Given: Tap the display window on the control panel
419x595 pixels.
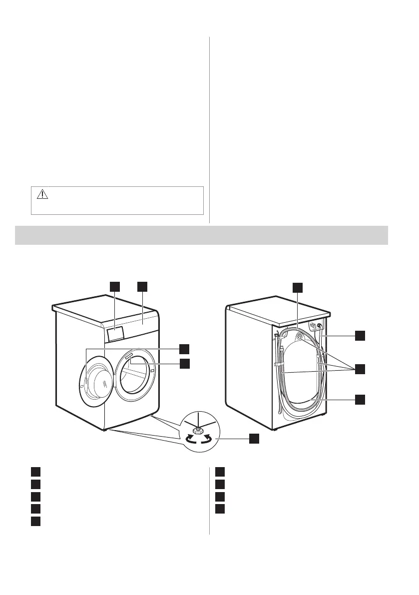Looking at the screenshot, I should point(115,333).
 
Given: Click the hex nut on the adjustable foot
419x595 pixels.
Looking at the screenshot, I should point(197,429).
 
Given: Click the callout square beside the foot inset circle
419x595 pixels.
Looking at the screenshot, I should point(254,438).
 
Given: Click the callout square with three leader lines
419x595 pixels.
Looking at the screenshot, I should point(360,369).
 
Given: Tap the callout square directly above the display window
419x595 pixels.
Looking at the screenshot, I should point(115,286).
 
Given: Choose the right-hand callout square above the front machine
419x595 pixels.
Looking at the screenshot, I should point(143,286).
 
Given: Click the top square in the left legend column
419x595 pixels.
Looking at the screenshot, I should point(34,471).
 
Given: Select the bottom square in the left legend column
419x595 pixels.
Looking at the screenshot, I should point(34,521).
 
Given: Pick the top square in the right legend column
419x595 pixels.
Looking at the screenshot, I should point(221,471).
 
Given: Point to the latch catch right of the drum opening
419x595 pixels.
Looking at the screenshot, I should point(151,371).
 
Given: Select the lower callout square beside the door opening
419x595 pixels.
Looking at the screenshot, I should point(184,364).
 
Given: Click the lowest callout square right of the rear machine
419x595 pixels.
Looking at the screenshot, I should point(360,399).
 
